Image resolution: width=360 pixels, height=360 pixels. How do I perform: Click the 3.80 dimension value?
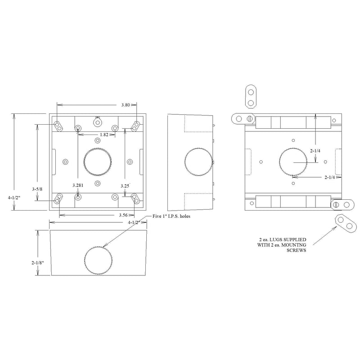click(126, 105)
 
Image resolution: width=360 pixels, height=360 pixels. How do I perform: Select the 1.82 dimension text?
click(104, 135)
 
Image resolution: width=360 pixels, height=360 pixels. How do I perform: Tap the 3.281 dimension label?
click(78, 185)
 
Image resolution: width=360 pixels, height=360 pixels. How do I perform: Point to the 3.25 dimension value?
click(125, 186)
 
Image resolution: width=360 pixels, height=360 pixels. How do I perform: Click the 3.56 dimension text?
click(123, 215)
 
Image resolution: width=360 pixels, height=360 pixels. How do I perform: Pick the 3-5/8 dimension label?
click(37, 189)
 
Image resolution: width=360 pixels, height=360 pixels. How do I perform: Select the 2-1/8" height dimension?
click(38, 262)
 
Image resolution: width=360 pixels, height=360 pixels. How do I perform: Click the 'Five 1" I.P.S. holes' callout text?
click(171, 216)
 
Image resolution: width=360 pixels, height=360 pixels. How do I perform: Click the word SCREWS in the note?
click(296, 250)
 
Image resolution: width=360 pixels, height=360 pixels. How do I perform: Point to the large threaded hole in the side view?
click(198, 162)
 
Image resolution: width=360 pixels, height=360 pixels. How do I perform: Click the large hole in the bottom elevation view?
click(98, 260)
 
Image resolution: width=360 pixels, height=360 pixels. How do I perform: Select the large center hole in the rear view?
click(293, 162)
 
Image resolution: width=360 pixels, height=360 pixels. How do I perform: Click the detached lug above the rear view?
click(251, 97)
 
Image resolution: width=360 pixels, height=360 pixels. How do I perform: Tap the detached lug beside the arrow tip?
click(345, 224)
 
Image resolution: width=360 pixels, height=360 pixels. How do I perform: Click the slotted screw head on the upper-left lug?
click(250, 119)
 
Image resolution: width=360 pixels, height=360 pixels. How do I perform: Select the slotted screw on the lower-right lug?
click(336, 204)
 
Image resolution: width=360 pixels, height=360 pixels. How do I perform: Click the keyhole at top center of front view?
click(98, 122)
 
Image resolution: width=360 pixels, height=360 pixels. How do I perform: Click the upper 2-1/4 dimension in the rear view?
click(315, 151)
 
